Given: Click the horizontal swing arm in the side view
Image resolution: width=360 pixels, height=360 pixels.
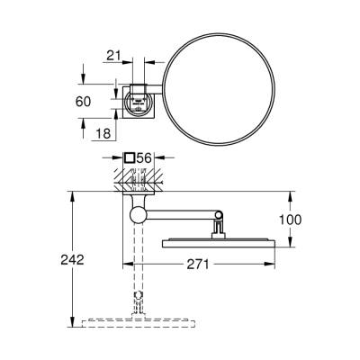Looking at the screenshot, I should [x=180, y=214].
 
